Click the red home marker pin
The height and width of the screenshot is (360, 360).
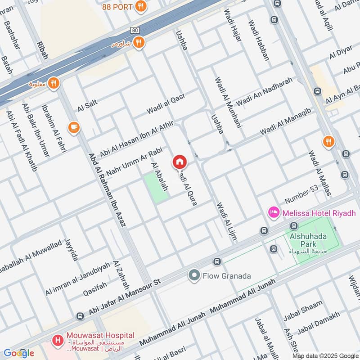pyautogui.click(x=179, y=162)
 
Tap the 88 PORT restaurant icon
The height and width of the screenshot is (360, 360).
pyautogui.click(x=142, y=7)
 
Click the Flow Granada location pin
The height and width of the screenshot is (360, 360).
pyautogui.click(x=194, y=275)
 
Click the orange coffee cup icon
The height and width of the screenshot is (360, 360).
pyautogui.click(x=74, y=128)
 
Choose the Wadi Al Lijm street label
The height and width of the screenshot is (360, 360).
pyautogui.click(x=226, y=220)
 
